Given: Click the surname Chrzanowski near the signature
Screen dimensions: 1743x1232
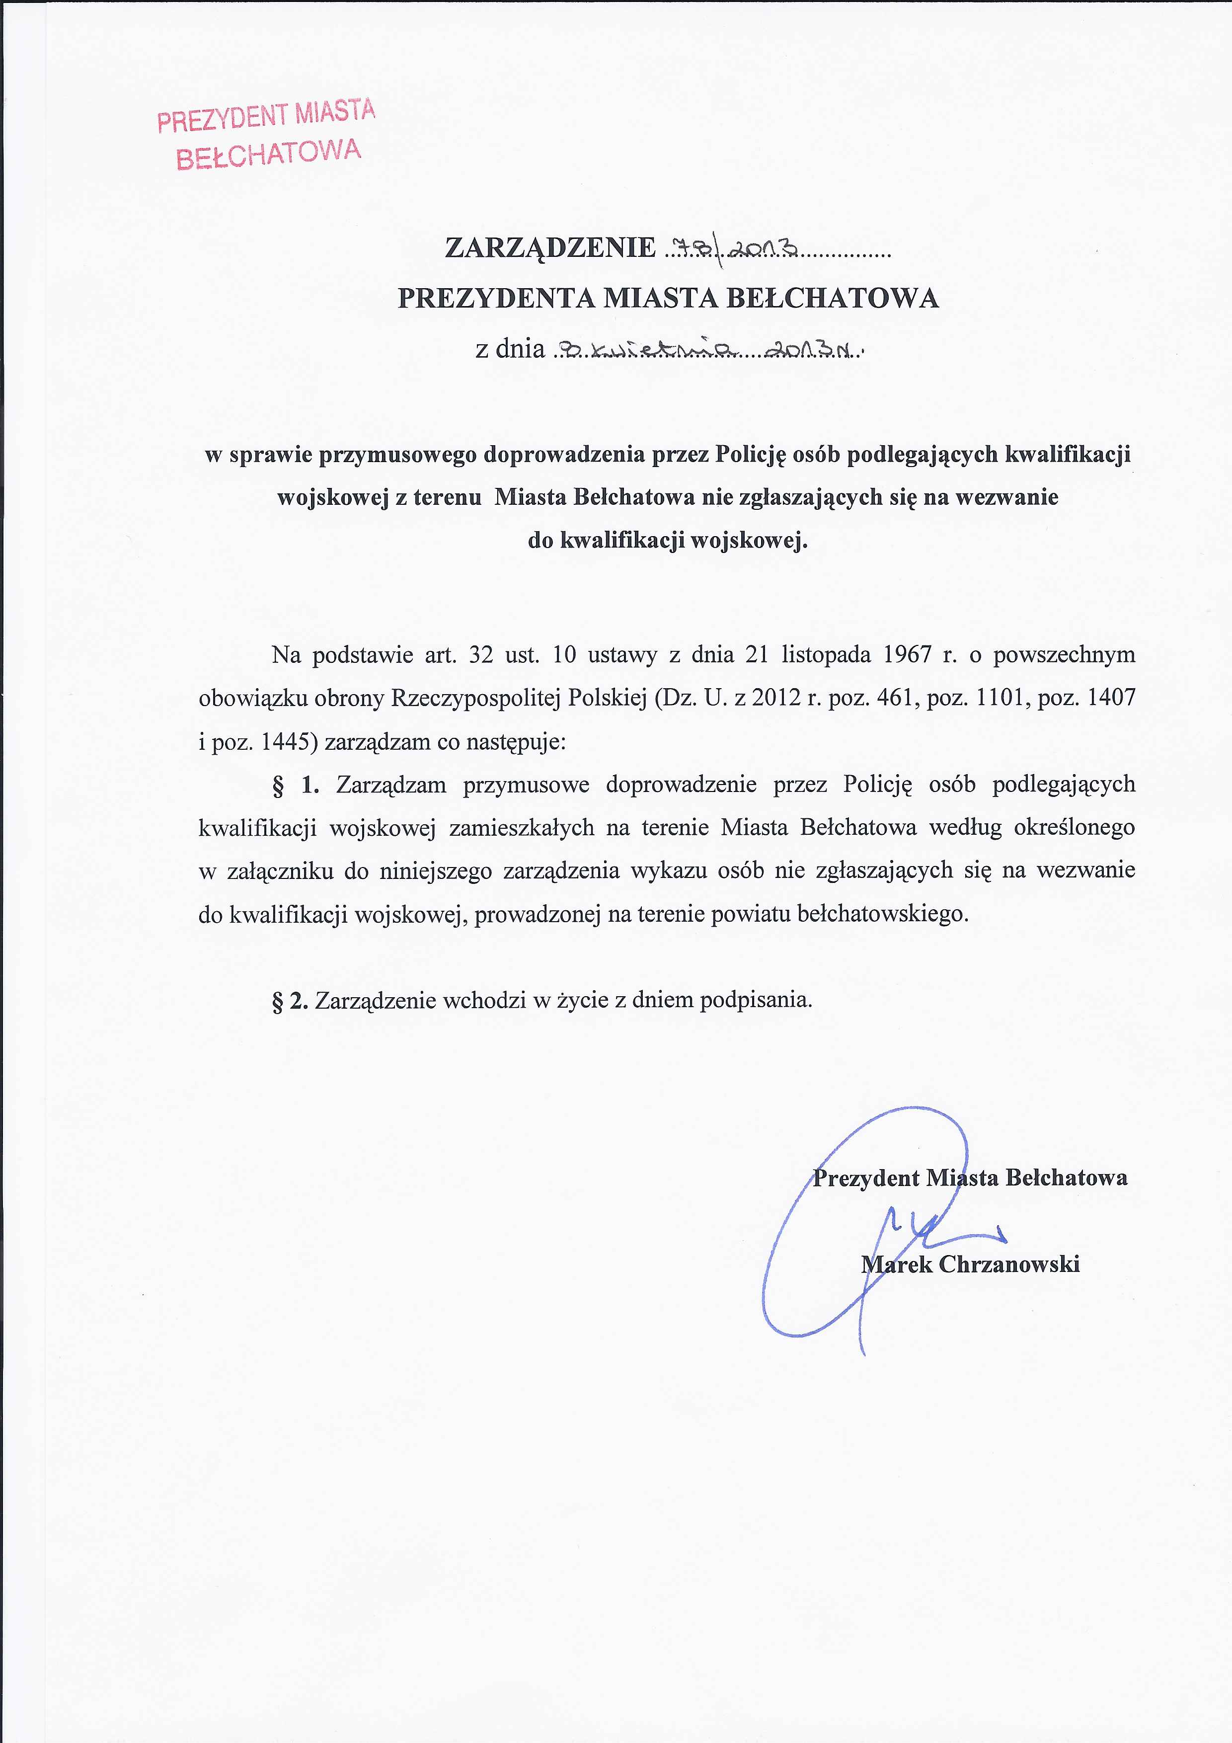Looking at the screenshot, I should (1009, 1265).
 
